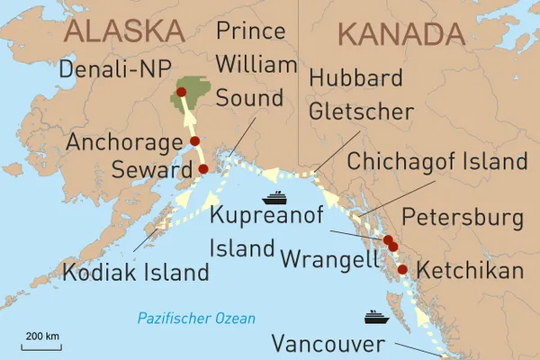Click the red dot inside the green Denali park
(181, 92)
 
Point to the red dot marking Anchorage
(194, 141)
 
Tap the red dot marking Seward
(202, 168)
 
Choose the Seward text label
(146, 168)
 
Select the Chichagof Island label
(436, 162)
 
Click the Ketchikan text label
(467, 270)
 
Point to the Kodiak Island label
(135, 271)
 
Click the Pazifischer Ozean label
(196, 319)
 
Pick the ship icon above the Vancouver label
(376, 318)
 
